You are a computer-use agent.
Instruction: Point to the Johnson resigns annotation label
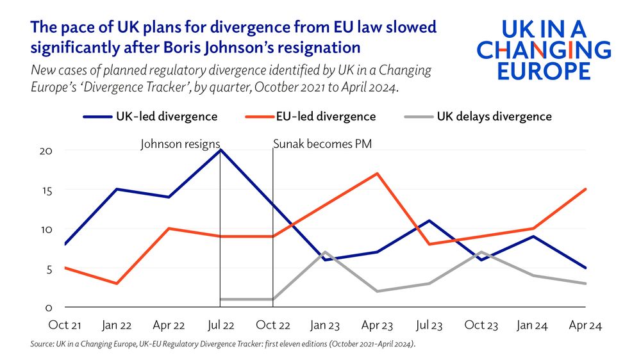pos(180,144)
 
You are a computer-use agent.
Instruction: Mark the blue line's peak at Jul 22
pos(221,150)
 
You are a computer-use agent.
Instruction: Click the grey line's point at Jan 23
pos(325,252)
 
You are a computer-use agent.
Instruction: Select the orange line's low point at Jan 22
pos(116,283)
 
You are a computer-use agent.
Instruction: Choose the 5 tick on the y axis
pos(55,269)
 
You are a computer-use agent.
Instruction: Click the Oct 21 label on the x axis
pos(65,325)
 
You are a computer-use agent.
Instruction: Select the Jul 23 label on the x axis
pos(429,325)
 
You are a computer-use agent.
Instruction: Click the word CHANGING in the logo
pos(544,49)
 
